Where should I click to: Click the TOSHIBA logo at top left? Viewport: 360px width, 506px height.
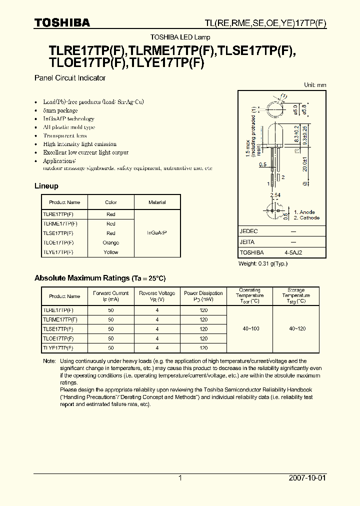pos(62,23)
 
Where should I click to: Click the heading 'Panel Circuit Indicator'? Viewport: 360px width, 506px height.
pos(69,78)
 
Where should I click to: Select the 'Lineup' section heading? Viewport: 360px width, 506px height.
pos(46,186)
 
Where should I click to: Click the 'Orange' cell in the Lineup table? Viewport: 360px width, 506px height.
pos(110,243)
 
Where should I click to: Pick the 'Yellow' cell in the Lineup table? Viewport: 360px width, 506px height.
pos(110,252)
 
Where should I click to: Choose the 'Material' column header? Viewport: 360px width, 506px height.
pos(157,202)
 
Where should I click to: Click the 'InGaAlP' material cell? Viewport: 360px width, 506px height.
pos(157,233)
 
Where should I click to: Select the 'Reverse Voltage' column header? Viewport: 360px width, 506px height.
pos(157,296)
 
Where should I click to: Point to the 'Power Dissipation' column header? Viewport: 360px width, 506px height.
pos(203,296)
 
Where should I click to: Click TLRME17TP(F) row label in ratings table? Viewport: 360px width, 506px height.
pos(60,319)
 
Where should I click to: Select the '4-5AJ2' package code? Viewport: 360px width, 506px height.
pos(293,253)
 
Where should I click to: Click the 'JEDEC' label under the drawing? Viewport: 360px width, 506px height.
pos(248,231)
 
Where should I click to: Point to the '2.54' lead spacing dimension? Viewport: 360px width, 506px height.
pos(275,194)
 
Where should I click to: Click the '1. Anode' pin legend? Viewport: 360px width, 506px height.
pos(304,212)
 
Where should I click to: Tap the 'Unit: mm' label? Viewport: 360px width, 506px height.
pos(315,85)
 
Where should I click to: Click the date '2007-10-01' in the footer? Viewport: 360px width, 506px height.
pos(307,478)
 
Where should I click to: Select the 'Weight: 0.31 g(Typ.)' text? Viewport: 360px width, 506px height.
pos(263,263)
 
